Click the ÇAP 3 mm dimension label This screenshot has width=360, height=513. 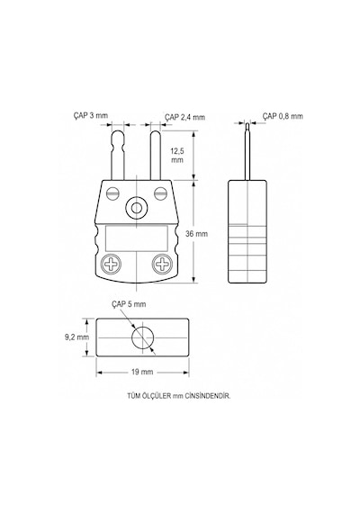tap(91, 115)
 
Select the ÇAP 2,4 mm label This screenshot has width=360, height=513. tap(184, 117)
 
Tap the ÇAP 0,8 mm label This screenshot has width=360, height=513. tap(283, 116)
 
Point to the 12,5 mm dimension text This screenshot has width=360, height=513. tap(177, 156)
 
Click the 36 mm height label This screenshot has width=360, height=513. tap(196, 234)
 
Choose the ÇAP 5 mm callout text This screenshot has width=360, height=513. tap(129, 304)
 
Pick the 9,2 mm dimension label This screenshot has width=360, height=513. tap(76, 337)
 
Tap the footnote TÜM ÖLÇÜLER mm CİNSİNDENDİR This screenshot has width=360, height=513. tap(179, 396)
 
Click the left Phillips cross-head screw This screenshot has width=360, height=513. tap(112, 264)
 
